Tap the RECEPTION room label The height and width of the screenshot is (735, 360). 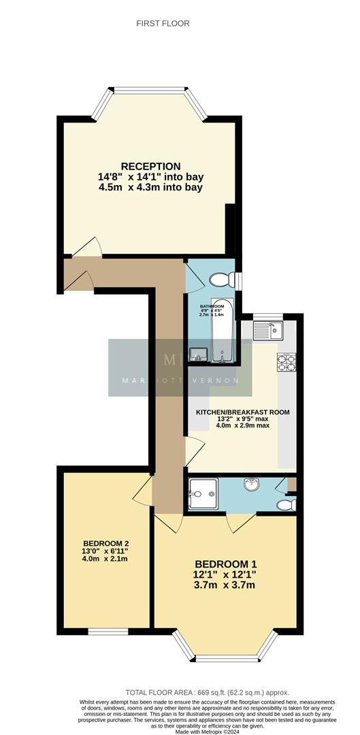[150, 166]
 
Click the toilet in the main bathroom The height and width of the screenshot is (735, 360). [221, 280]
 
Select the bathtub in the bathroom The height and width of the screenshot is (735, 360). [223, 330]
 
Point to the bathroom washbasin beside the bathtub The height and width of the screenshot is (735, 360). [197, 353]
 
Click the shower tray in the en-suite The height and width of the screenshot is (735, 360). [203, 491]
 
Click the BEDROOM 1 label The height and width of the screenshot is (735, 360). [226, 564]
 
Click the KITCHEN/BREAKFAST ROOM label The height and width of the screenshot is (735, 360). [243, 412]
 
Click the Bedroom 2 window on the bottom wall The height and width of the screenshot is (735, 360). [108, 632]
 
